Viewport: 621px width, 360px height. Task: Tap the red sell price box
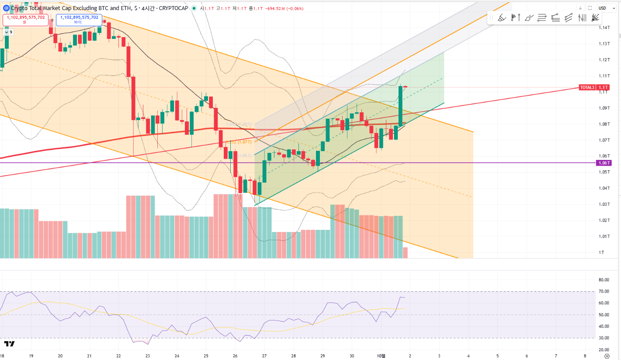[x=25, y=20]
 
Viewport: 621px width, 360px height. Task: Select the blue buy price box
[x=79, y=20]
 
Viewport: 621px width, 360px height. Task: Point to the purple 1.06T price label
[x=604, y=163]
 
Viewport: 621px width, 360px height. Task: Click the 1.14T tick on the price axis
[x=604, y=28]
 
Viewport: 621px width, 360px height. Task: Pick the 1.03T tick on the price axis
[x=604, y=204]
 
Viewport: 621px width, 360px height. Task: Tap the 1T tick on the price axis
[x=602, y=253]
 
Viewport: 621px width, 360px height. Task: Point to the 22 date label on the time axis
[x=118, y=356]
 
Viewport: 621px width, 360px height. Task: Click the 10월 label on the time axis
[x=381, y=356]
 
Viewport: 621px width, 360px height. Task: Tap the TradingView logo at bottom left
[x=9, y=344]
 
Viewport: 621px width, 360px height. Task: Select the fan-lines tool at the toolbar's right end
[x=595, y=18]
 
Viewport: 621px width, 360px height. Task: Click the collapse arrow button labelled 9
[x=8, y=32]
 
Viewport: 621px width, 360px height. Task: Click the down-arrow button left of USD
[x=580, y=8]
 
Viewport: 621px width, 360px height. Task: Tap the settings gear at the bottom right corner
[x=606, y=356]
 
